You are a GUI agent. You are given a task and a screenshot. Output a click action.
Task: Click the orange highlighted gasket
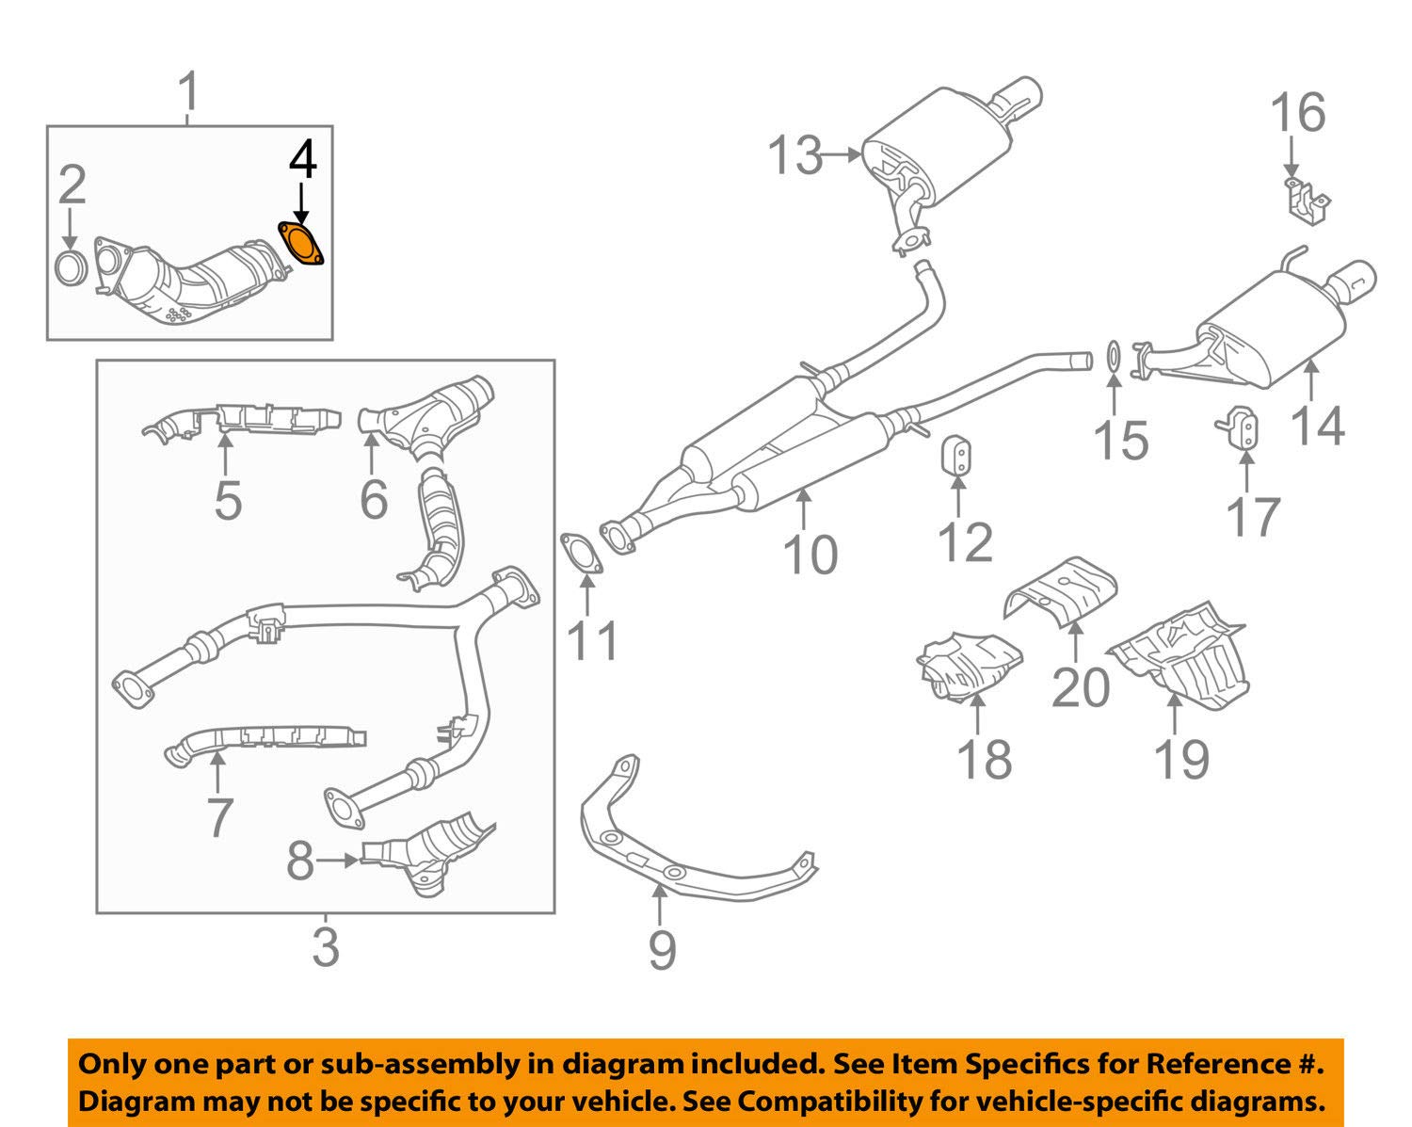click(301, 243)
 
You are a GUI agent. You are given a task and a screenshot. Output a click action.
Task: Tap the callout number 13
click(795, 156)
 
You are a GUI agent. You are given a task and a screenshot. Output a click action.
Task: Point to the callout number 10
click(810, 555)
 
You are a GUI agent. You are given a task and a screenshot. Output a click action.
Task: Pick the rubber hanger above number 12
click(957, 454)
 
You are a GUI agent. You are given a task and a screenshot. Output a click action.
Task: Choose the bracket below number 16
click(1306, 201)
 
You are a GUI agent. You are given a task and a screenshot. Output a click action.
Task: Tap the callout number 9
click(662, 950)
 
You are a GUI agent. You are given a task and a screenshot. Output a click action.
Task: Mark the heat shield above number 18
click(969, 667)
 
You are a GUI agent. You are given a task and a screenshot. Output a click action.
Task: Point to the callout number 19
click(1181, 760)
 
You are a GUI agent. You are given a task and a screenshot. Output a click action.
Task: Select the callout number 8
click(300, 861)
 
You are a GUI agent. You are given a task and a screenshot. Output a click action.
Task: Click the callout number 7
click(220, 817)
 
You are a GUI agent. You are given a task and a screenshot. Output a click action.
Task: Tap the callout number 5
click(228, 501)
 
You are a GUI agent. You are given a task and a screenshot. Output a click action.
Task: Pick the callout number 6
click(374, 500)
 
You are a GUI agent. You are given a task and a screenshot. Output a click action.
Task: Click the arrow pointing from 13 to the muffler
click(842, 155)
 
